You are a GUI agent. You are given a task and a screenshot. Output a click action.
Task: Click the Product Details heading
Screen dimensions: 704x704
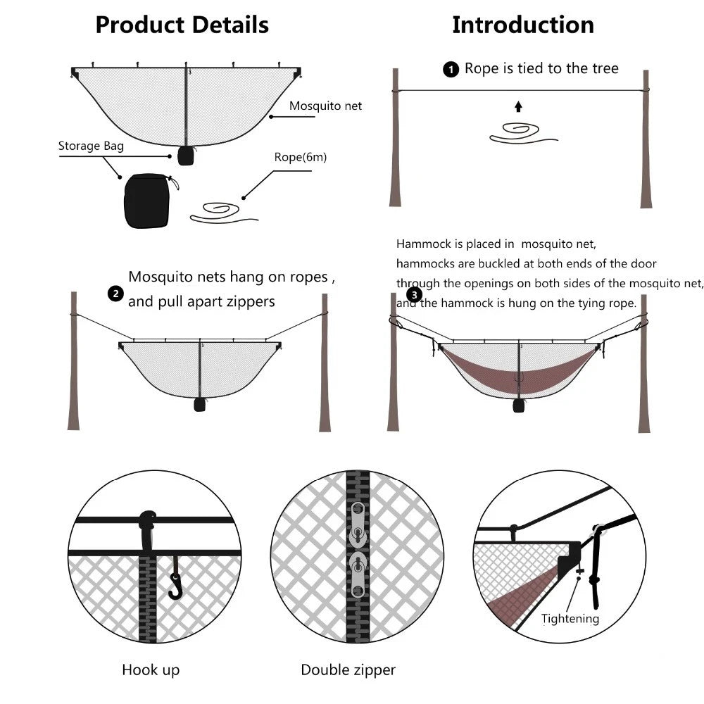(182, 25)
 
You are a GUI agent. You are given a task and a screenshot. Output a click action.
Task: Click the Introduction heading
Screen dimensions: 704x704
(522, 25)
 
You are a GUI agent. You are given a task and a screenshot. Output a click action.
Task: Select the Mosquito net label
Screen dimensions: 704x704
(325, 106)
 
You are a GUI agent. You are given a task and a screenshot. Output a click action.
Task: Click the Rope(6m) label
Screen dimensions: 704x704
(301, 157)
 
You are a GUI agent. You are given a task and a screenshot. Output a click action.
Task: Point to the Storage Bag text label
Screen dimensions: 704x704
(91, 146)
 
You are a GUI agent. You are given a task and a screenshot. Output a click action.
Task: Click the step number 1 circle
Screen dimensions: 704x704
(450, 70)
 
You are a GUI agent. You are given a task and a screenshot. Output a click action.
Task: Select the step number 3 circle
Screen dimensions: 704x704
(414, 296)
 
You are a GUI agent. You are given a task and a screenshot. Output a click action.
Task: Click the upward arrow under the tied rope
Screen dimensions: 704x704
(519, 106)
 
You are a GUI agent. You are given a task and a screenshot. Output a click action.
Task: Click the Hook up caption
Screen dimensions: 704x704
(151, 670)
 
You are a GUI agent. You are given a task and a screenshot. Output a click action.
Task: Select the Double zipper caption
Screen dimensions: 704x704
(348, 670)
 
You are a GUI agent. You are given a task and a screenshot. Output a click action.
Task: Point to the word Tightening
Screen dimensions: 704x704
(570, 619)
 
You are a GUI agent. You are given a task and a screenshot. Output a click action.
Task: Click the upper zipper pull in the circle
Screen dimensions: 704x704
(358, 529)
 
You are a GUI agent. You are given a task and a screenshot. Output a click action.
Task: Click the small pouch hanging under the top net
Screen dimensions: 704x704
(185, 156)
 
